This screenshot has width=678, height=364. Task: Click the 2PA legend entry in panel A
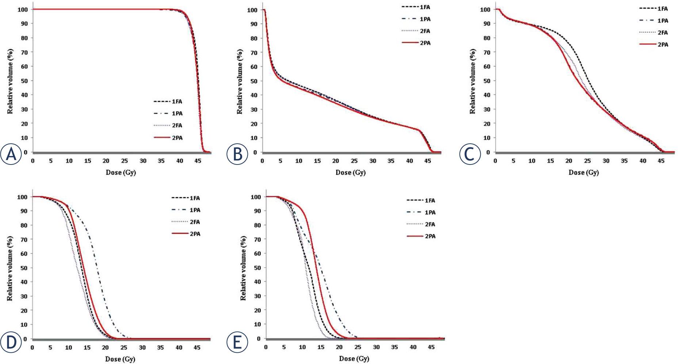click(168, 138)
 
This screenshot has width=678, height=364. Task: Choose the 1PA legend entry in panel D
click(186, 210)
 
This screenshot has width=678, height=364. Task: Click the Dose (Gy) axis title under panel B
click(351, 173)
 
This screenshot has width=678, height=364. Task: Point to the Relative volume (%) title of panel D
click(10, 268)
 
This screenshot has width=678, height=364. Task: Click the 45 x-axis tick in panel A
click(198, 161)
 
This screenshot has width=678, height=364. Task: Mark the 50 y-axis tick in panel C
click(487, 81)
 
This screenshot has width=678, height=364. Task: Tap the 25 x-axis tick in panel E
click(357, 347)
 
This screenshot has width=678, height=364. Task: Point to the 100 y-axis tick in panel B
click(252, 10)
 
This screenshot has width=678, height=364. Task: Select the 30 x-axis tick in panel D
click(142, 348)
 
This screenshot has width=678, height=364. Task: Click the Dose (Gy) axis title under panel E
click(354, 359)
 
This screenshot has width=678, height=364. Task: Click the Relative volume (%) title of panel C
click(472, 81)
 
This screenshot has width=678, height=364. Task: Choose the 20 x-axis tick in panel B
click(336, 161)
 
